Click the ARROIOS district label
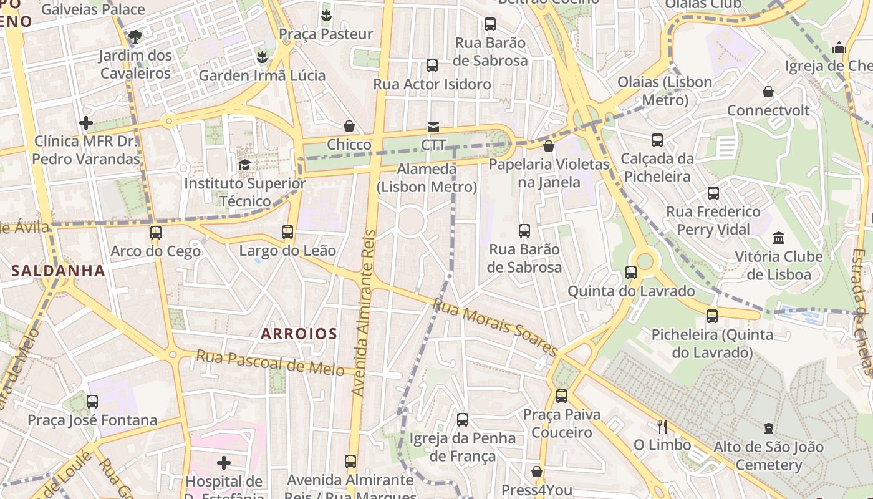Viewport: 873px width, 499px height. (299, 334)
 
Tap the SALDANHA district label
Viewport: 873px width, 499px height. (58, 271)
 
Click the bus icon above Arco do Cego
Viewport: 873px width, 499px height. (155, 233)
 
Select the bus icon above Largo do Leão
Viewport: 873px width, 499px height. (287, 232)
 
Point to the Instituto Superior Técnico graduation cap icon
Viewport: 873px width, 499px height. (244, 165)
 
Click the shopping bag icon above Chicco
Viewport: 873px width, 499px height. (349, 127)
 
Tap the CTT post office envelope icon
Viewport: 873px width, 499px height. (433, 127)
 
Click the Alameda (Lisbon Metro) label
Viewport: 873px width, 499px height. (427, 178)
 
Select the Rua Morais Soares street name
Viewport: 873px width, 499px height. (494, 327)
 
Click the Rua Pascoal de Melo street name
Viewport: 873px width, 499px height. (270, 362)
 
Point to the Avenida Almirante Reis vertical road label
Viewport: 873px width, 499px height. (365, 312)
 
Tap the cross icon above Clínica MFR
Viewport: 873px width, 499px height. (86, 123)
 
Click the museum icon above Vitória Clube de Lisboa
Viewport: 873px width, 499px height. (778, 238)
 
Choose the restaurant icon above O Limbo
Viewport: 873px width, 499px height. (662, 427)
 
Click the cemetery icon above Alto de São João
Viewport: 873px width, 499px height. (768, 429)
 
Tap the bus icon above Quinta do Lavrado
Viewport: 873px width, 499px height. (631, 273)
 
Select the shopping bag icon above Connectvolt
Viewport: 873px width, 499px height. (768, 92)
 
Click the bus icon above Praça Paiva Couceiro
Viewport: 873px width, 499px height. (561, 395)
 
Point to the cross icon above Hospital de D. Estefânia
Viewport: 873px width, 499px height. (224, 463)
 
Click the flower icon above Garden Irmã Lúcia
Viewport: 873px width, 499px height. (262, 57)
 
